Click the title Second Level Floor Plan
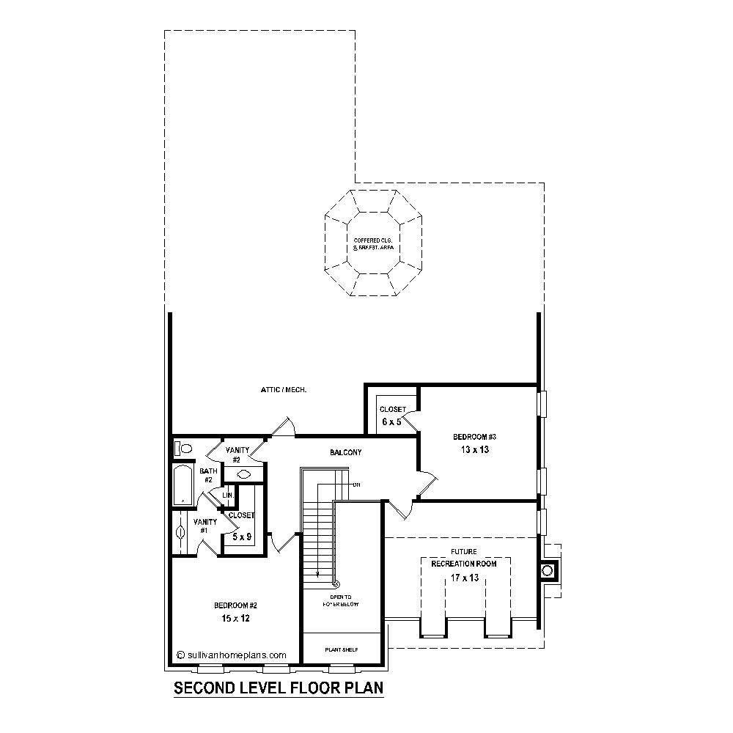tap(279, 689)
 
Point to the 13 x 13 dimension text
tap(474, 450)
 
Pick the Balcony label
tap(345, 453)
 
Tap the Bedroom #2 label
tap(235, 605)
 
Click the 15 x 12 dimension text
tap(236, 619)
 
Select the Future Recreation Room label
tap(463, 558)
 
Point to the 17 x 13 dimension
tap(463, 578)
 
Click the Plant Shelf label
tap(342, 649)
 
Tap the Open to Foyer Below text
tap(341, 601)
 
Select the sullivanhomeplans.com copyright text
tap(232, 655)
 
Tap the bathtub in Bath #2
tap(181, 485)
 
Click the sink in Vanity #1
tap(180, 533)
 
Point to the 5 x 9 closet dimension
tap(242, 537)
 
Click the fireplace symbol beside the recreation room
tap(547, 570)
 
